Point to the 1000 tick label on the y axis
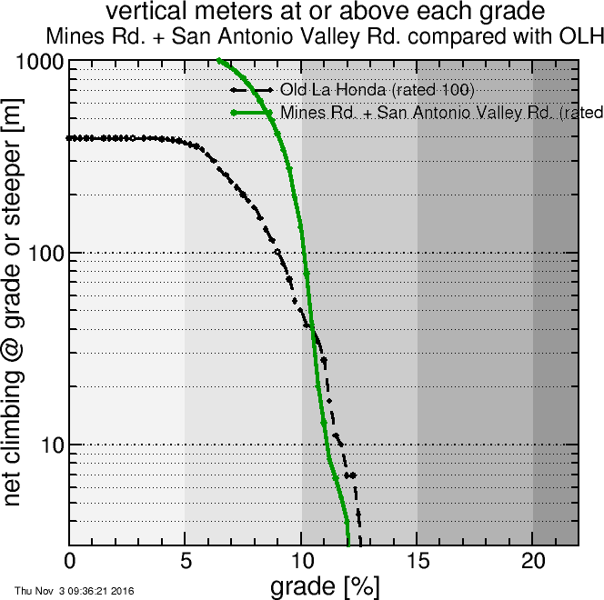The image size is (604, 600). (x=39, y=63)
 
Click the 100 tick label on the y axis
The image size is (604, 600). (x=45, y=253)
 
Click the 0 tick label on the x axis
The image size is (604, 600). (x=70, y=560)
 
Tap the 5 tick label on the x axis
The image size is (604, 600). (x=186, y=560)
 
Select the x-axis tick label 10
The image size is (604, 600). (x=301, y=560)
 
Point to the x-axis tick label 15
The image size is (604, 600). (x=417, y=560)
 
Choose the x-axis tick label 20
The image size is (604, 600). (x=532, y=560)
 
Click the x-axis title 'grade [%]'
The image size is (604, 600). (x=325, y=585)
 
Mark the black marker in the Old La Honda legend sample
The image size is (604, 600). (x=252, y=90)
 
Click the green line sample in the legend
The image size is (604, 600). (x=252, y=113)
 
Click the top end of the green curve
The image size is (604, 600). (x=219, y=61)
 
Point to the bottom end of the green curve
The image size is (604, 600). (x=348, y=545)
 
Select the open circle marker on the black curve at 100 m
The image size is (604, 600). (x=277, y=252)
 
